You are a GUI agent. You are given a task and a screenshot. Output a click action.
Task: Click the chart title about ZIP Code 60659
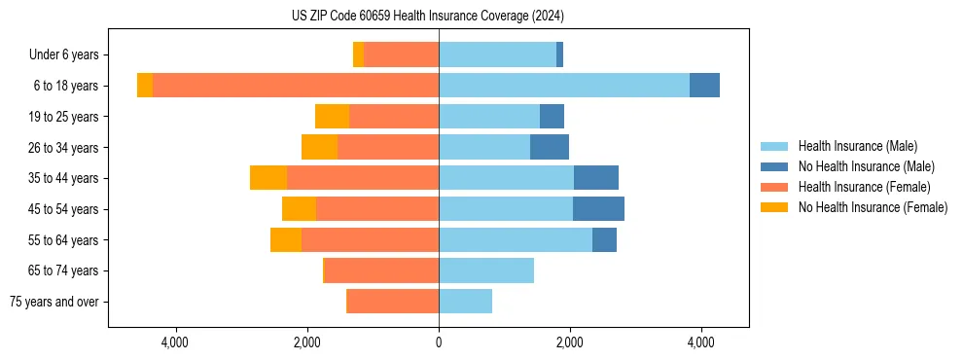(x=427, y=17)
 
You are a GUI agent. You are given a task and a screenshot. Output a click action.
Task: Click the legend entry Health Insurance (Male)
(x=857, y=146)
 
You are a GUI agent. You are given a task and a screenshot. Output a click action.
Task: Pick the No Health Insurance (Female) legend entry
(x=873, y=207)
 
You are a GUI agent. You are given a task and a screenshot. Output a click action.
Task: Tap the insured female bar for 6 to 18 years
(x=296, y=86)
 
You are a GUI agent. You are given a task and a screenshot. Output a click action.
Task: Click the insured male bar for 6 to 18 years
(x=564, y=86)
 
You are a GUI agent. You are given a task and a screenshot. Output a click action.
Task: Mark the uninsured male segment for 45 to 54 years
(x=598, y=209)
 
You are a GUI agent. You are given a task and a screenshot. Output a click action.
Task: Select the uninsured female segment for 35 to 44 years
(x=268, y=178)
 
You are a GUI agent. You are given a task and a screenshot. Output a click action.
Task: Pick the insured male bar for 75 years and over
(x=465, y=302)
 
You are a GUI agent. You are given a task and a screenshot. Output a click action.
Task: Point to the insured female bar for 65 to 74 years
(x=381, y=270)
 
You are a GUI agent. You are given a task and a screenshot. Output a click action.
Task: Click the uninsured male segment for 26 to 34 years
(x=550, y=147)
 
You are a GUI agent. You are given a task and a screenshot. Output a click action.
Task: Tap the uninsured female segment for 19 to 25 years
(x=332, y=117)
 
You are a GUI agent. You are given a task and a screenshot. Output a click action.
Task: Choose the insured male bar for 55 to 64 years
(x=516, y=239)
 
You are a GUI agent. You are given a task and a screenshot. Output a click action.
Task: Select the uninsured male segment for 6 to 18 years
(x=704, y=86)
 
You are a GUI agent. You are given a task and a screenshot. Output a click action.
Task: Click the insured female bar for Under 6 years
(x=401, y=54)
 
